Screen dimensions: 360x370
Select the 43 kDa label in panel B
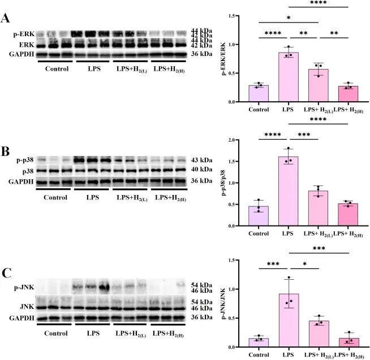[x=201, y=161]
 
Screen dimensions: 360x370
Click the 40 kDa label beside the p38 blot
[x=201, y=171]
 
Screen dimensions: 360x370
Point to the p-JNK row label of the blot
[x=25, y=288]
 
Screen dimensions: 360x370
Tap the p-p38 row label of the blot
[x=26, y=161]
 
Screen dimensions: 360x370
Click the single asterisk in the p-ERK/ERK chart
[x=289, y=18]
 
